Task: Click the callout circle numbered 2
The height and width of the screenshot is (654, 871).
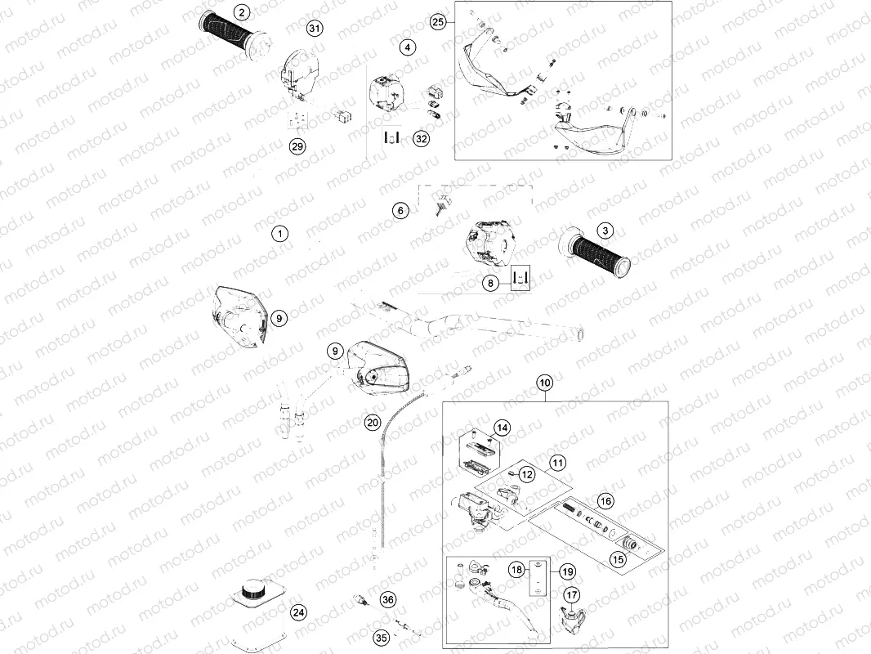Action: (240, 12)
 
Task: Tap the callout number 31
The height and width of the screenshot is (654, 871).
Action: (315, 29)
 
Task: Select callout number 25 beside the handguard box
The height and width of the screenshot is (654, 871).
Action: (439, 22)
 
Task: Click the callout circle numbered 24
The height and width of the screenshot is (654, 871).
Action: (299, 612)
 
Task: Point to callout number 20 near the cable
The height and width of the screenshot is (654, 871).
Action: (373, 423)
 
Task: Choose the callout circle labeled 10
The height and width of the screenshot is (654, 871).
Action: (545, 383)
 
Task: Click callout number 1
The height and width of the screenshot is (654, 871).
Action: (280, 234)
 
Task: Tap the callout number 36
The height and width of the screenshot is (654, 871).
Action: (388, 599)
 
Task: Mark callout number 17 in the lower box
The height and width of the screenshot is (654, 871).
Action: (572, 596)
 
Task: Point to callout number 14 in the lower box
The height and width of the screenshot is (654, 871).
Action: (502, 428)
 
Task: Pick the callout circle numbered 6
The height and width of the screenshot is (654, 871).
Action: (400, 211)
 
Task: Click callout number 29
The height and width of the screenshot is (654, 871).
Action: (297, 146)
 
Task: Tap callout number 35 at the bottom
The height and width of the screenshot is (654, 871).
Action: (381, 637)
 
